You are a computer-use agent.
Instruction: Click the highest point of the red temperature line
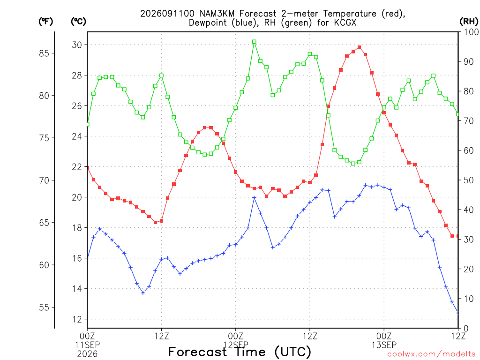point(359,47)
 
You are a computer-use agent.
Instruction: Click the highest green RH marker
point(254,42)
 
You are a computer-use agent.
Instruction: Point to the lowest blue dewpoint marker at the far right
point(457,313)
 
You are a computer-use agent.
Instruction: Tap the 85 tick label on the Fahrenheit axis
point(45,53)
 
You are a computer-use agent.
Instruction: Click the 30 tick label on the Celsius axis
point(77,45)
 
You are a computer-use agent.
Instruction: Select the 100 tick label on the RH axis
point(471,32)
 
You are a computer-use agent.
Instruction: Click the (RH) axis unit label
point(469,22)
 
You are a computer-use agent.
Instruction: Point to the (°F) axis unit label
point(45,22)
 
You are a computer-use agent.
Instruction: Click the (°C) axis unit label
point(78,22)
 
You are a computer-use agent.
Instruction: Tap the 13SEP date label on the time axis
point(384,345)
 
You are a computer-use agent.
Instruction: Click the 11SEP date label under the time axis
point(87,345)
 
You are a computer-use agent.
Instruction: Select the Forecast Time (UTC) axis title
point(240,352)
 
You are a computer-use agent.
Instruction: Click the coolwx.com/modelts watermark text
point(431,354)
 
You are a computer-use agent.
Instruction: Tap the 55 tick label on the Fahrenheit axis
point(45,307)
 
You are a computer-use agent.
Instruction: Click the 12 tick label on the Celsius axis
point(77,319)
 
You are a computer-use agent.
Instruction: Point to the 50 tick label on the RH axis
point(469,180)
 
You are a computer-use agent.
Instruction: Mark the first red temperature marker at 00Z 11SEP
point(88,167)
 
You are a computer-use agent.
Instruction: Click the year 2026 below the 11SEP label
point(87,354)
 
